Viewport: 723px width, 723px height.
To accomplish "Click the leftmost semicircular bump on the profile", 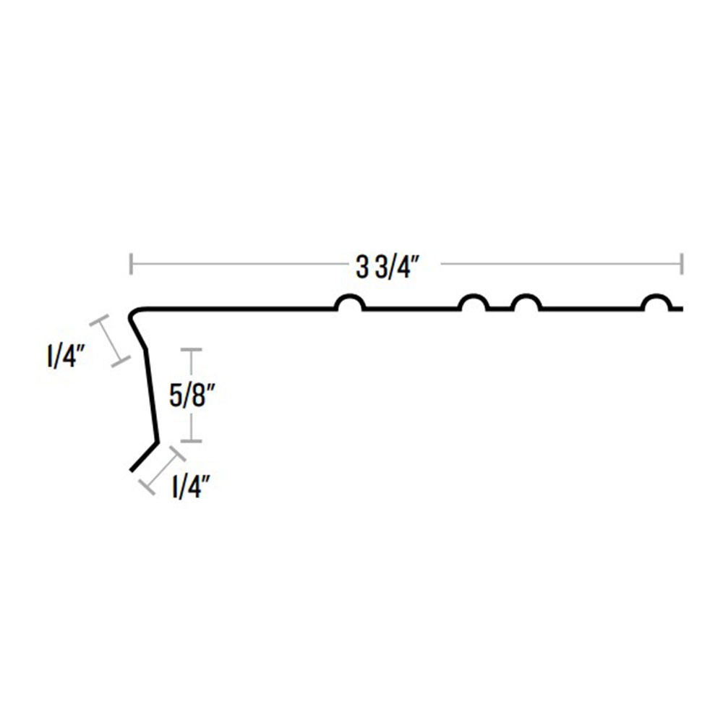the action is pyautogui.click(x=349, y=296).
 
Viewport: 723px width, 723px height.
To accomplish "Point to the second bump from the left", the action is pyautogui.click(x=474, y=296).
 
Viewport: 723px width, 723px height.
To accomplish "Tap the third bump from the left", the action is pyautogui.click(x=526, y=296).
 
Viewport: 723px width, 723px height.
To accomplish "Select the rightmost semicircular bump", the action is pyautogui.click(x=656, y=296).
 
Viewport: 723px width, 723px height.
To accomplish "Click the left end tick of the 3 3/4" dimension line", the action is pyautogui.click(x=132, y=264).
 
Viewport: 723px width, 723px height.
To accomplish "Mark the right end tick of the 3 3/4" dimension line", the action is pyautogui.click(x=682, y=264).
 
